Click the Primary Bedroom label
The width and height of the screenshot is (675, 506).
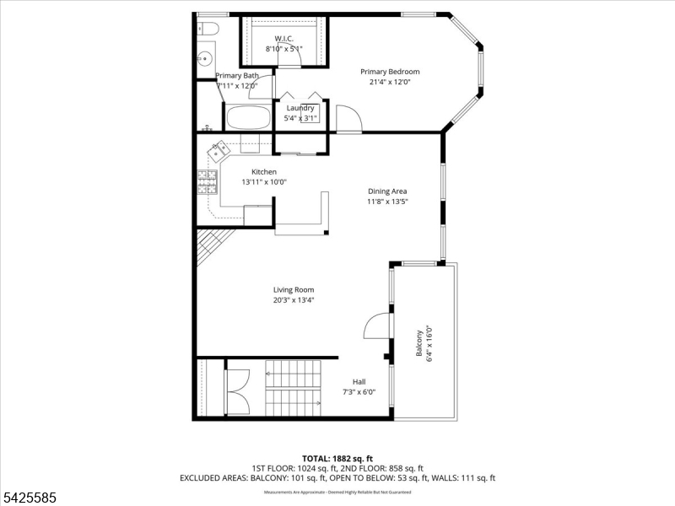click(390, 72)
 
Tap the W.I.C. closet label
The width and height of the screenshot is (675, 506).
click(283, 39)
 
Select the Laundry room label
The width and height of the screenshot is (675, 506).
click(300, 108)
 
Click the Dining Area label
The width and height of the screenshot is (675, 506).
click(387, 191)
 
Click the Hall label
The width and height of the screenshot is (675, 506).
click(359, 382)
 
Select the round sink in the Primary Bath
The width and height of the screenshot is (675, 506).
click(204, 58)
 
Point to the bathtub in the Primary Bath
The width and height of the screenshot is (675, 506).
click(247, 117)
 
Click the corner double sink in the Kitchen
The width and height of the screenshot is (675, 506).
click(220, 150)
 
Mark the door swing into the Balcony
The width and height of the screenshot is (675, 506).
click(376, 326)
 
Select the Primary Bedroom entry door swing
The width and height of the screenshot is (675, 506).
click(347, 119)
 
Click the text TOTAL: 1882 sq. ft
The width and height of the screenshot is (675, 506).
click(337, 459)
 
